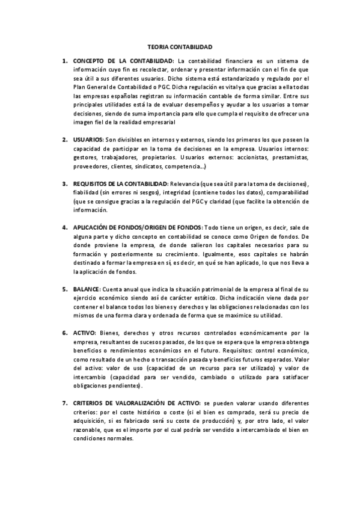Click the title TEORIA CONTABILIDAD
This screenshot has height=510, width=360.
(x=180, y=46)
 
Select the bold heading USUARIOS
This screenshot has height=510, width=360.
(x=88, y=140)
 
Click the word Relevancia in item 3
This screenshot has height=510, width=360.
(x=186, y=183)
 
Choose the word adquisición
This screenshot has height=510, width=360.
(x=91, y=421)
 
